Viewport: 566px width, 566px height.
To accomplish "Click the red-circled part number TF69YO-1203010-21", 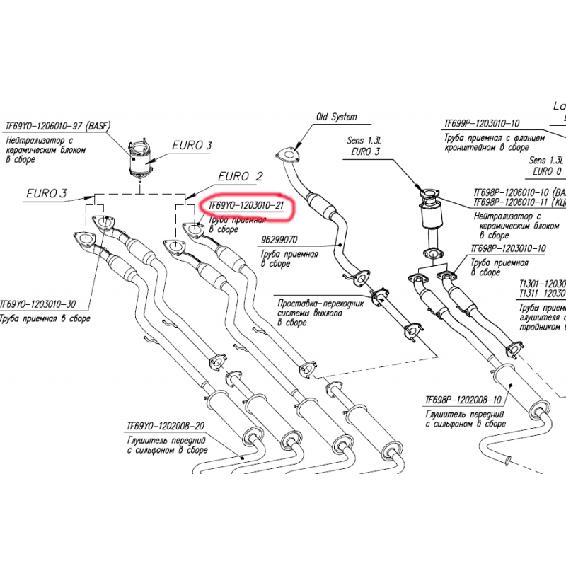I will coord(246,206).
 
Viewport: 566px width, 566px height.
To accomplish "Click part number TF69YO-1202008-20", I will coord(166,427).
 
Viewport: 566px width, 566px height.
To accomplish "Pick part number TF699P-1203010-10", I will coord(481,122).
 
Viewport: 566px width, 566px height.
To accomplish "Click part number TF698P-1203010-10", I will coord(508,248).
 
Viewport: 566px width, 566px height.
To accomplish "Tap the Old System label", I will coord(336,117).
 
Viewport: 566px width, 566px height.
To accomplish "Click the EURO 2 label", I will coord(241,176).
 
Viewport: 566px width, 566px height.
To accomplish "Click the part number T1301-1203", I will coord(541,282).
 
